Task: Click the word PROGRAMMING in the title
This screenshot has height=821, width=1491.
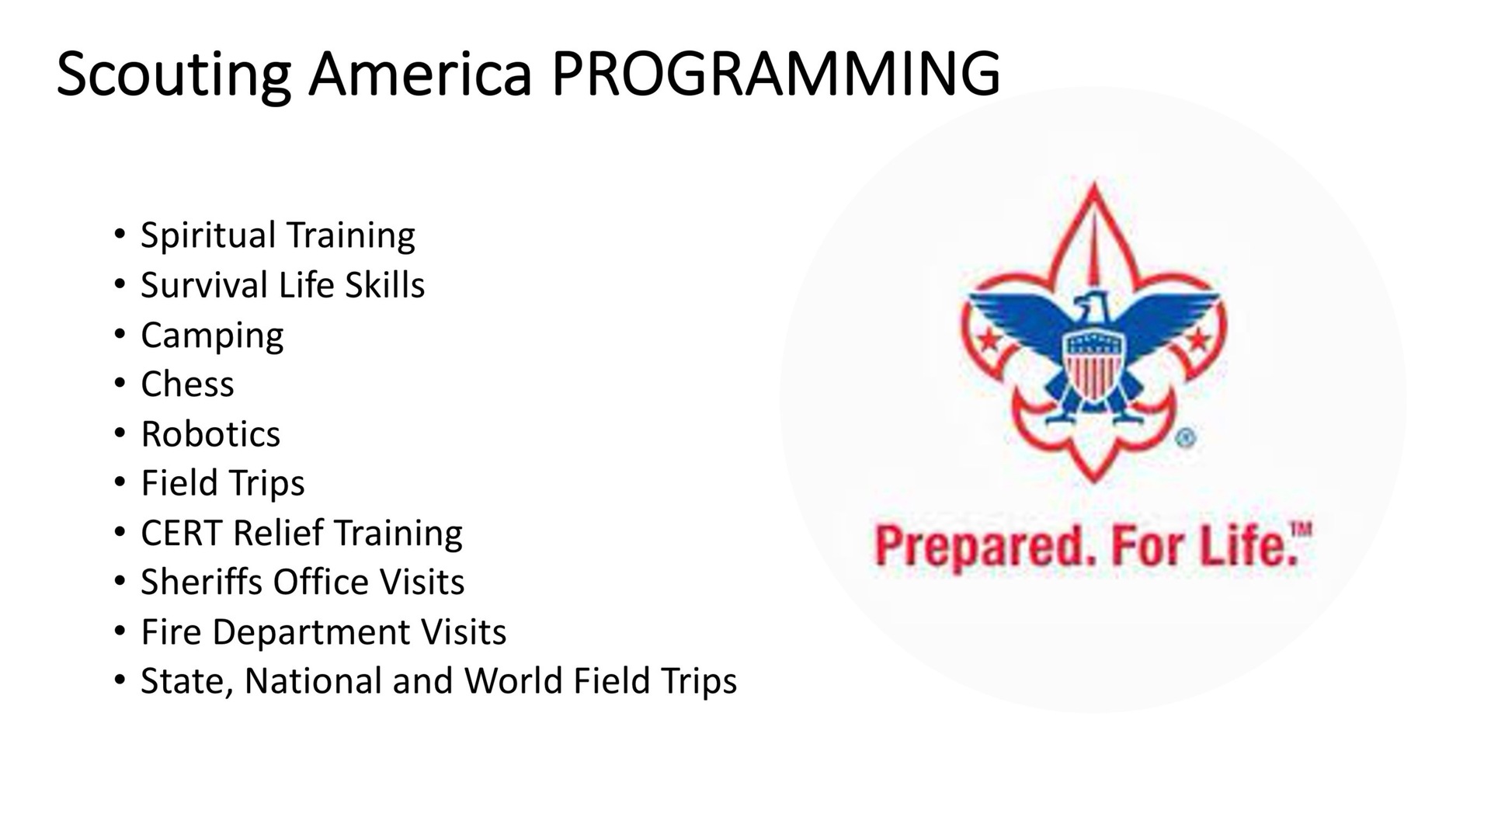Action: (775, 74)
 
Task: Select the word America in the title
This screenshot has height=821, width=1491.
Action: (420, 74)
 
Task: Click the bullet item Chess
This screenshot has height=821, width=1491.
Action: (187, 384)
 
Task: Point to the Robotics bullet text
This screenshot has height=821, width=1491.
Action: (210, 433)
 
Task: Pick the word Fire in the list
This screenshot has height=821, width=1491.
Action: (171, 631)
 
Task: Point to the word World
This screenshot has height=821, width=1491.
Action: (513, 680)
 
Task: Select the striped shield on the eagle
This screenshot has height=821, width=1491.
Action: (1093, 364)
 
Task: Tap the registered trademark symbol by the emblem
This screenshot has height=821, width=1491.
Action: (1185, 439)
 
